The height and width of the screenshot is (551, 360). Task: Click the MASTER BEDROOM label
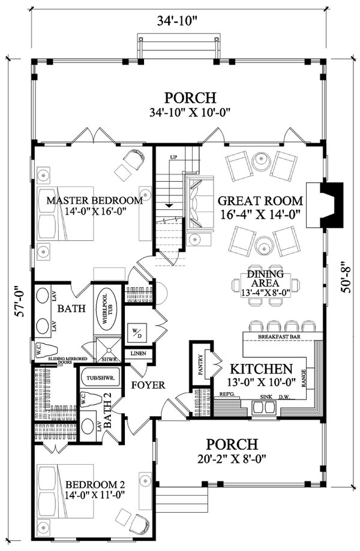pyautogui.click(x=95, y=200)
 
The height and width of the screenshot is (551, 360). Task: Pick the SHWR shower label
pyautogui.click(x=108, y=359)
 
